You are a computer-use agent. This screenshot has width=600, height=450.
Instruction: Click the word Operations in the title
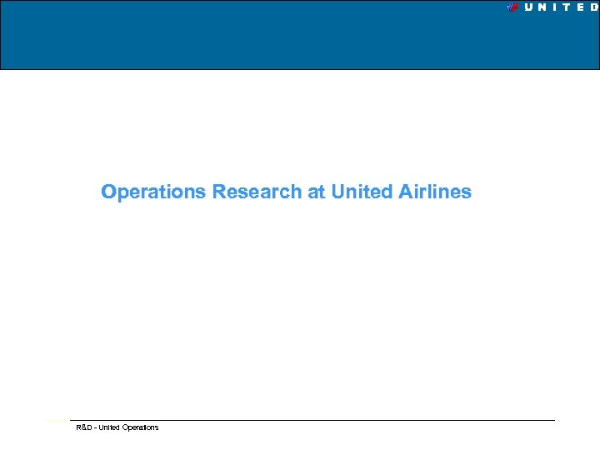click(x=153, y=192)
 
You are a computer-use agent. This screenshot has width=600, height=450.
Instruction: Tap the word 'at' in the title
click(x=317, y=192)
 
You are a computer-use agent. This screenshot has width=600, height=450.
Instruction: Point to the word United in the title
click(x=362, y=192)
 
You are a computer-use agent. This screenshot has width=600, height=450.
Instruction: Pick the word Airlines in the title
click(x=434, y=192)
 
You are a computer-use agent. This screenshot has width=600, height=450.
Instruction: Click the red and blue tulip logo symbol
click(x=513, y=7)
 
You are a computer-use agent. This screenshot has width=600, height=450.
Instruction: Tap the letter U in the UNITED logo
click(x=530, y=7)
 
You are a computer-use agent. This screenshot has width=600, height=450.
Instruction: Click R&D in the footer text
click(x=83, y=427)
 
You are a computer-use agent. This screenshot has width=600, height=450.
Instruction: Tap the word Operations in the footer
click(x=140, y=427)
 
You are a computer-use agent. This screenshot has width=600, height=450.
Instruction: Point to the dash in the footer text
click(x=95, y=427)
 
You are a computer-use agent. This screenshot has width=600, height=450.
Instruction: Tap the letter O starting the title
click(x=107, y=192)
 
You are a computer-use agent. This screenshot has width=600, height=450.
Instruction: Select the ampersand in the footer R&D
click(x=83, y=427)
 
